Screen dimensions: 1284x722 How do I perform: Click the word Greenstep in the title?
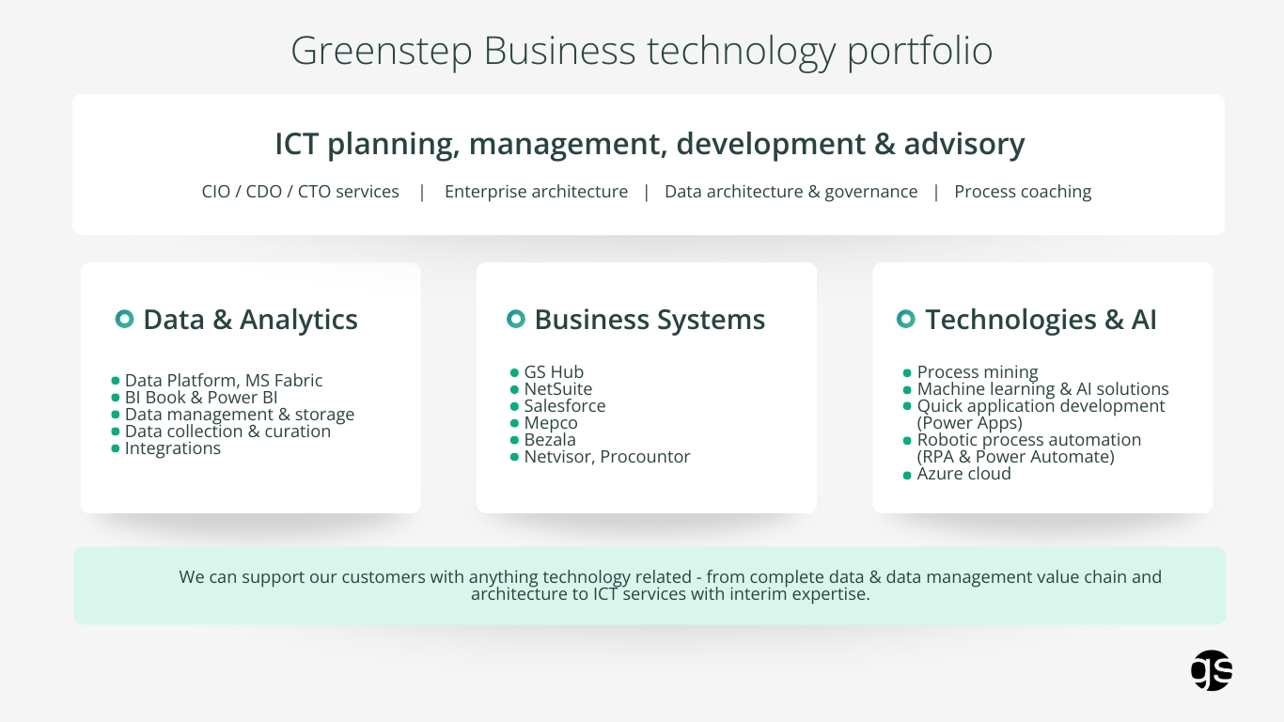point(382,51)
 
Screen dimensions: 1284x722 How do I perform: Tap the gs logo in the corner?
point(1212,670)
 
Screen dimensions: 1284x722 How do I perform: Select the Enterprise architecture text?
point(536,192)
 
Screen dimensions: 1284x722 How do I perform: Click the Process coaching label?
point(1023,192)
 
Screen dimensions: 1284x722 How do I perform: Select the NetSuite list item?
point(557,389)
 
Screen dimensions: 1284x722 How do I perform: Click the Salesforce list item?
point(565,406)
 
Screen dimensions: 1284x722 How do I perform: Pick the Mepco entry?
point(551,423)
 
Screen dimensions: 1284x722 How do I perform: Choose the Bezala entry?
point(550,440)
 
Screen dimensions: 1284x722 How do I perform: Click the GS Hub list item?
point(554,372)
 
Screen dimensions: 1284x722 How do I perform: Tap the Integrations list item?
point(173,448)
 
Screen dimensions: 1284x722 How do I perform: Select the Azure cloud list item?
point(963,474)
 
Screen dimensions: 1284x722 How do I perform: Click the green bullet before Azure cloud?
point(907,476)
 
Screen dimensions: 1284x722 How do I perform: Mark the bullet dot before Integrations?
point(116,448)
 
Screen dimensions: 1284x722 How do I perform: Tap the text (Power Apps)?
point(969,423)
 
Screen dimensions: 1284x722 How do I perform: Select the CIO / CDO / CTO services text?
point(301,192)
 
